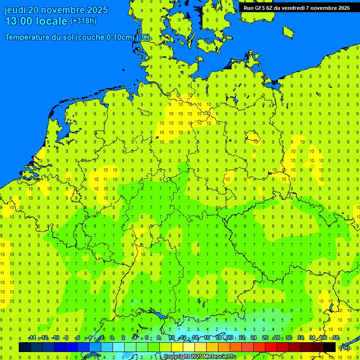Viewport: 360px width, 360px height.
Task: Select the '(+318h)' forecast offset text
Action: point(83,21)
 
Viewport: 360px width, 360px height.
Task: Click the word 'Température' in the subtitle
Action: point(28,37)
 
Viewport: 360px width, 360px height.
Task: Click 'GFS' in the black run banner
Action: point(261,8)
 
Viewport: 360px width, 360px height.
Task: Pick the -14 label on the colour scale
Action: point(32,338)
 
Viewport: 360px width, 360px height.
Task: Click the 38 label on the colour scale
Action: point(336,338)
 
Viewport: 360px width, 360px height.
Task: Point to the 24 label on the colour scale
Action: point(254,338)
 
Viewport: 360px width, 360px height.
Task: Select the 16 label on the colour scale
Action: point(207,338)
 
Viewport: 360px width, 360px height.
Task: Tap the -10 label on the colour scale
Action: point(55,338)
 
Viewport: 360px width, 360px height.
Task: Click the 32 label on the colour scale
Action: point(300,338)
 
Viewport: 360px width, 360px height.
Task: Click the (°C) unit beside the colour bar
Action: point(345,348)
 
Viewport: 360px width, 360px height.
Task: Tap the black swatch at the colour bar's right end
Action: point(330,347)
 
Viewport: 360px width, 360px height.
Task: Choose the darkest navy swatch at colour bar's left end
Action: point(25,347)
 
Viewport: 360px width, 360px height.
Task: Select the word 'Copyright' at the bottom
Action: point(177,357)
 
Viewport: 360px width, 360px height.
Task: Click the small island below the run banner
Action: point(288,31)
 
